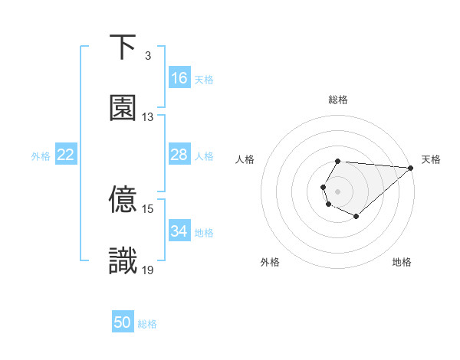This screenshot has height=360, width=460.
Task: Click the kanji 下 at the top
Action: click(123, 47)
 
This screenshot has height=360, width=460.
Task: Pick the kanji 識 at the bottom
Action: click(123, 261)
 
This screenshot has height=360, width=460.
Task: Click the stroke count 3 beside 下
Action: click(148, 56)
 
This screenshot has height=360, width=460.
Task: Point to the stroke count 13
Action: click(148, 117)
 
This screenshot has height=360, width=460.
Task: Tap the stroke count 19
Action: click(148, 270)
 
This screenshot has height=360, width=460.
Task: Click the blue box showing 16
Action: click(179, 78)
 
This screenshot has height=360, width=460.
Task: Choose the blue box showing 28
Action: click(179, 155)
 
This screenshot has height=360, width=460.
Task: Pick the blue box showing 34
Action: click(179, 231)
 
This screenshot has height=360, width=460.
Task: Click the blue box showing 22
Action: click(66, 155)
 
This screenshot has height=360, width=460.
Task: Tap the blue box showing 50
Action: click(123, 322)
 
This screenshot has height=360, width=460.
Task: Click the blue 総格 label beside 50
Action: click(148, 324)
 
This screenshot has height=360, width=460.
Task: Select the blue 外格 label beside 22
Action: click(41, 156)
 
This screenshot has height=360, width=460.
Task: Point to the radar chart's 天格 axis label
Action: click(432, 159)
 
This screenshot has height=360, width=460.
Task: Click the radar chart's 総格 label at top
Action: click(338, 100)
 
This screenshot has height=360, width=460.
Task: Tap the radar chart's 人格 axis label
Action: click(245, 159)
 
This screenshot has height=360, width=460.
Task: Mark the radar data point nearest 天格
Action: click(411, 168)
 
